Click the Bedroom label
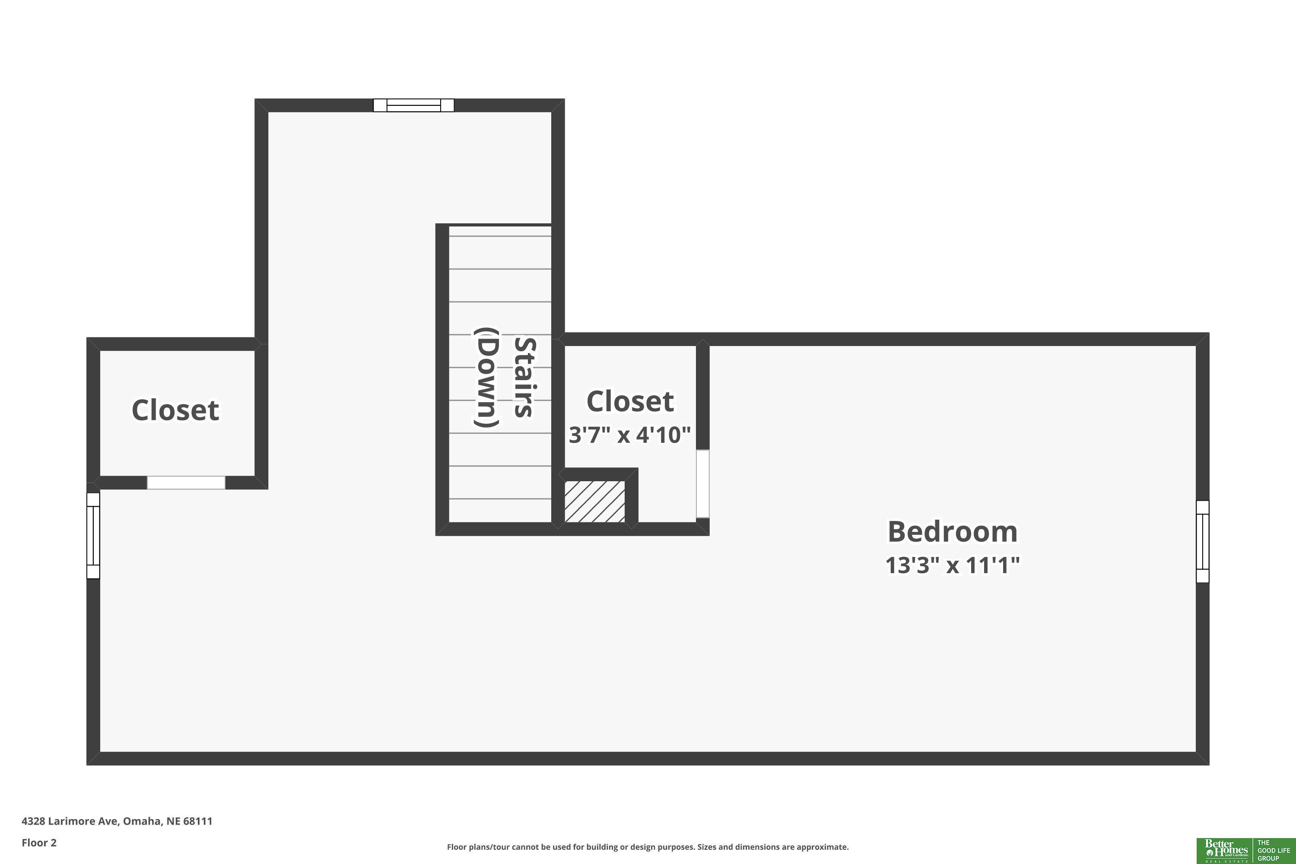tap(952, 532)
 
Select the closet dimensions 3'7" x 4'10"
tap(629, 435)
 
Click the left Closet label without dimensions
tap(175, 410)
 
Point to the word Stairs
tap(524, 378)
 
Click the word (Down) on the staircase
tap(487, 378)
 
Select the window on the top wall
tap(414, 105)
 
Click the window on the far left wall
tap(93, 536)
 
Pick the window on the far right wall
tap(1202, 542)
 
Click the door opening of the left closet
tap(186, 483)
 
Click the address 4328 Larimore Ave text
tap(70, 821)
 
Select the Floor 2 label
tap(39, 842)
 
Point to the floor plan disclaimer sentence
tap(648, 847)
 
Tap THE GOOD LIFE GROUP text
tap(1273, 851)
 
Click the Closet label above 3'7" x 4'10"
tap(630, 401)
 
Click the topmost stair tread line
tap(500, 236)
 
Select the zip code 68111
tap(198, 821)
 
